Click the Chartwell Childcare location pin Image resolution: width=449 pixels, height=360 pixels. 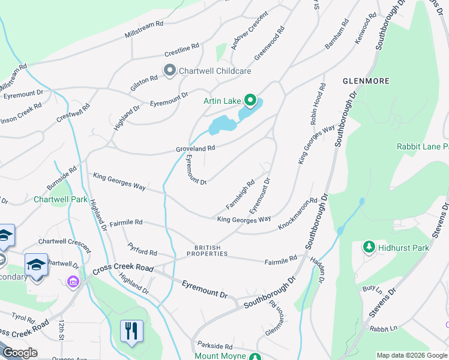169,71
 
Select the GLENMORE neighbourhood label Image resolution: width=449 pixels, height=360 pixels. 366,80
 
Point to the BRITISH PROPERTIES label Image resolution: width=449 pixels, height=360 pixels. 207,251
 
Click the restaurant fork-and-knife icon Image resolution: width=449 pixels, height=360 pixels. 130,331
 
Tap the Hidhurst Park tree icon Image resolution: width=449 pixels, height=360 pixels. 369,247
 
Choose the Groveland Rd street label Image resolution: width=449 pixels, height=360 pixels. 195,148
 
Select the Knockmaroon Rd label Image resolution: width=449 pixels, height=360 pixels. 297,214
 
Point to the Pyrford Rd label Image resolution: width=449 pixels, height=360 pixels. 142,249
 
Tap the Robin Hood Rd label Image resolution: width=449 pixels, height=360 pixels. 318,104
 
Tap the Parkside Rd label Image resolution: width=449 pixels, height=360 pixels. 215,346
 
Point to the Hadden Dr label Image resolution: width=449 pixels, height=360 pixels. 318,269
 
